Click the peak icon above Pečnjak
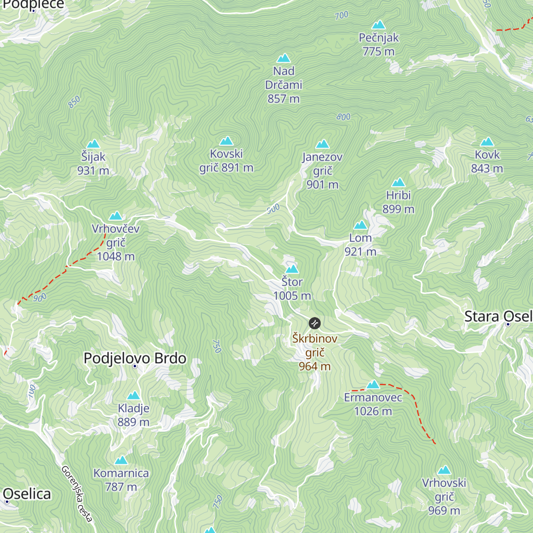378,25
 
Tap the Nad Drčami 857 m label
283,85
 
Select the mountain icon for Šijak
93,144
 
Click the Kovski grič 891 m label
226,161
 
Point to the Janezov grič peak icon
322,144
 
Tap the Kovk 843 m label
487,162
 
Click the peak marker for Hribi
398,183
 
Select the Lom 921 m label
360,245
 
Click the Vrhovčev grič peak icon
116,216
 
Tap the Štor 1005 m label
292,289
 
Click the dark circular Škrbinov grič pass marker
314,323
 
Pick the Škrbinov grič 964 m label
314,352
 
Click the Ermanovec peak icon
373,384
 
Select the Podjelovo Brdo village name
135,358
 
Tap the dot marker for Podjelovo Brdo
135,366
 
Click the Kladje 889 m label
133,415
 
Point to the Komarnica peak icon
121,460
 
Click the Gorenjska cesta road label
77,493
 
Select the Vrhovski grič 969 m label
444,497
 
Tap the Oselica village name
28,494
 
